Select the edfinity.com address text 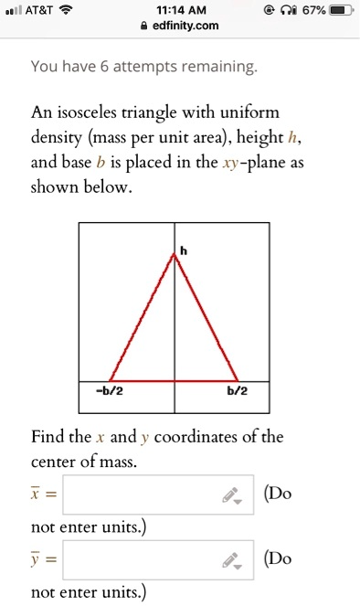click(186, 26)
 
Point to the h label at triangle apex click(182, 249)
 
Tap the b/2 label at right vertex click(236, 392)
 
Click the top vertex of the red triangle click(175, 254)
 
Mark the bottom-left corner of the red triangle click(110, 380)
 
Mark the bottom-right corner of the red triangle click(238, 380)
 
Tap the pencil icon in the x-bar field click(232, 495)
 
